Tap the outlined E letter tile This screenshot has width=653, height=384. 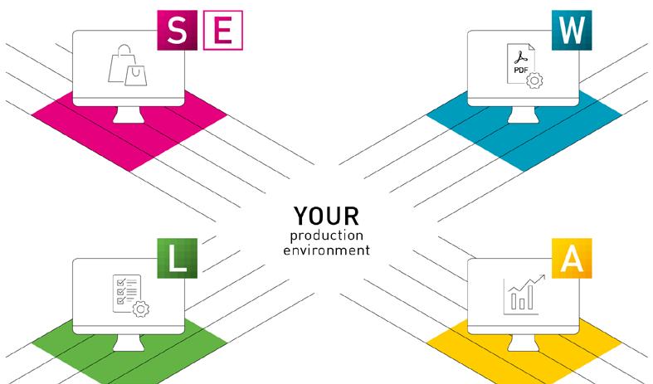pos(222,30)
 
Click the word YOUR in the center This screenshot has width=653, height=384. pos(326,216)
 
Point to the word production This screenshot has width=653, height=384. pos(326,236)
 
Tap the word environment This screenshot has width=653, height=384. pos(326,249)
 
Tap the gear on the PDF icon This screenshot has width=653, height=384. pos(534,80)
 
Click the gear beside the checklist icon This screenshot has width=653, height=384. pos(141,309)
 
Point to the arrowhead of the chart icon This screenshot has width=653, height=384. pos(542,279)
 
